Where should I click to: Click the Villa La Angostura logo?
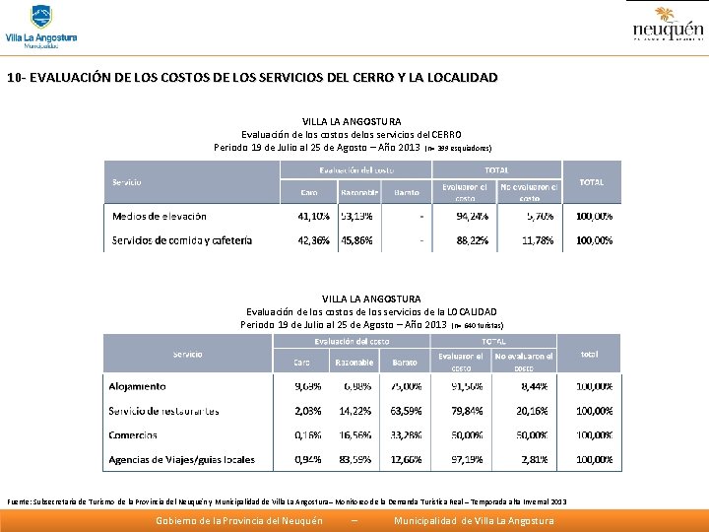(40, 27)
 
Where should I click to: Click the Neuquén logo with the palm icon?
(667, 25)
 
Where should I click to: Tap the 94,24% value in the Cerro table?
(471, 216)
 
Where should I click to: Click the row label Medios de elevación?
(160, 216)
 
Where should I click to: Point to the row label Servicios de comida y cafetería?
(182, 239)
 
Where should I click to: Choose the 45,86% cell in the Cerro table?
(357, 239)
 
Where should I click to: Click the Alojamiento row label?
(137, 386)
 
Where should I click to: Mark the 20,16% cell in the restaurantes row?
(531, 411)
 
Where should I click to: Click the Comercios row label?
(133, 434)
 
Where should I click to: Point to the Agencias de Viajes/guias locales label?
(181, 459)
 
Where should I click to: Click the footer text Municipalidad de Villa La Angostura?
(474, 520)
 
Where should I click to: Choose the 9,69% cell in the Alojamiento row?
(308, 386)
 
